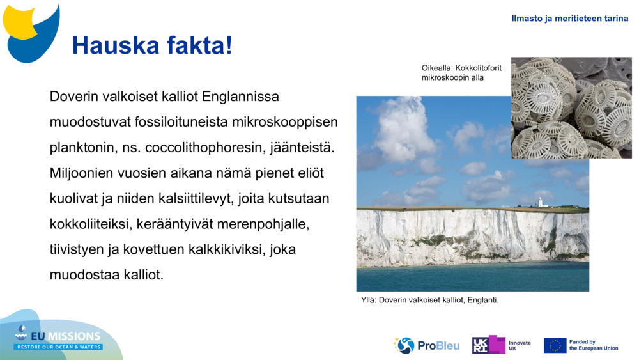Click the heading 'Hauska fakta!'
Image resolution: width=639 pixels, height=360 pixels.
[x=152, y=45]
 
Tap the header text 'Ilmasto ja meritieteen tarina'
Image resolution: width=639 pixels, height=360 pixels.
[x=569, y=19]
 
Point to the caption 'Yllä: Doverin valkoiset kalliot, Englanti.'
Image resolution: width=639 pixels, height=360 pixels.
[x=429, y=300]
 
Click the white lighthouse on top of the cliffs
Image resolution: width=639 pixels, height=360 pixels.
[x=540, y=202]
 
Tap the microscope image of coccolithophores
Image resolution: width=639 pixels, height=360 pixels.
[x=571, y=107]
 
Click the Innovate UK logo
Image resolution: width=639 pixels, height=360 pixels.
[x=501, y=345]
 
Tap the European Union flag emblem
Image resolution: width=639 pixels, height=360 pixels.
[x=555, y=345]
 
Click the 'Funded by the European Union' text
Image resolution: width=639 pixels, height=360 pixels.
[x=594, y=345]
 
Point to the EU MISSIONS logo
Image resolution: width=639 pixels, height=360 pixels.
[x=59, y=338]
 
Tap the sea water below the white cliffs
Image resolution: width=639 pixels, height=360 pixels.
[x=473, y=276]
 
